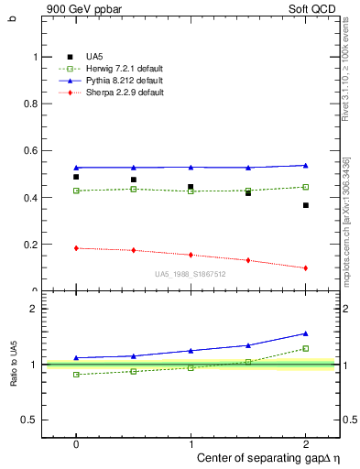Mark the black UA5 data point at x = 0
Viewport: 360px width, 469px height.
point(76,177)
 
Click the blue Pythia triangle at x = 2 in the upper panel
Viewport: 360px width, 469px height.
point(305,165)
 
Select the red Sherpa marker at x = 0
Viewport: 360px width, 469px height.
point(76,248)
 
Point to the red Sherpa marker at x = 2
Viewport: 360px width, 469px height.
point(305,268)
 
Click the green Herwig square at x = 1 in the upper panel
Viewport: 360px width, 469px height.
point(191,191)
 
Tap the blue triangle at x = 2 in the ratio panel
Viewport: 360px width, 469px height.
point(305,333)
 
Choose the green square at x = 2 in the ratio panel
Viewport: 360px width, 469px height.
point(305,348)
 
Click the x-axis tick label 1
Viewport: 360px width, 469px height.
point(191,442)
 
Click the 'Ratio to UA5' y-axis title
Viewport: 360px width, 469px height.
point(14,365)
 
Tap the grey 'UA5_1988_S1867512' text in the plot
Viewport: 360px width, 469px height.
point(191,274)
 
